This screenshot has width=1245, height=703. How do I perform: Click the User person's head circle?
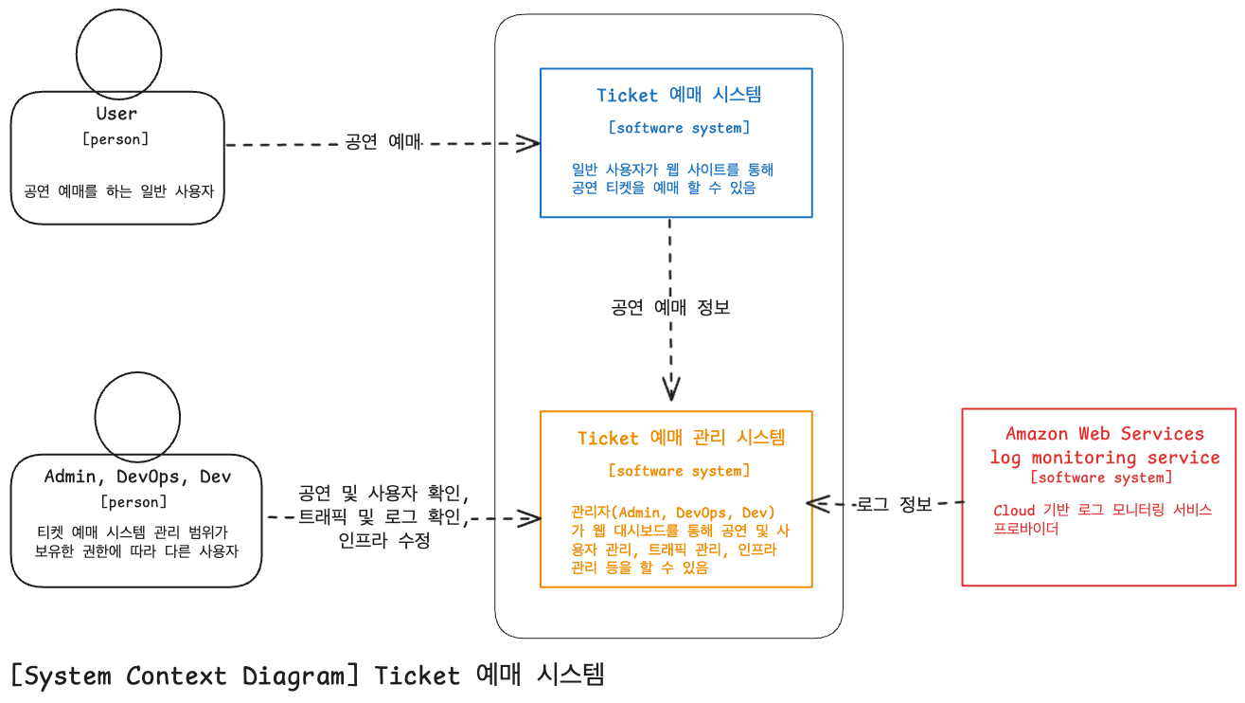pos(118,53)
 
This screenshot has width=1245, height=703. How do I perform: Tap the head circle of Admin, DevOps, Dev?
pos(138,415)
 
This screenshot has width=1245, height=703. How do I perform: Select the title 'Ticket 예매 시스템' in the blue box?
pos(679,95)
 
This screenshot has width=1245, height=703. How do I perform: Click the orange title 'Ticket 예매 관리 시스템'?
pos(681,438)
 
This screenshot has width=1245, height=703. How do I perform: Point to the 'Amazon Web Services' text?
pos(1104,434)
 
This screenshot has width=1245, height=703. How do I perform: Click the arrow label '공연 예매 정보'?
pos(670,308)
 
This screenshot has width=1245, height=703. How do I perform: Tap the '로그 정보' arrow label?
pos(894,504)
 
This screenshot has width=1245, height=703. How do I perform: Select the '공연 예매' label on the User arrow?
pos(382,143)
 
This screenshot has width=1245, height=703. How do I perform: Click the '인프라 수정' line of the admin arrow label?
pos(383,542)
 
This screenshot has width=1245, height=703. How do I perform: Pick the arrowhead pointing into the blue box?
pos(529,143)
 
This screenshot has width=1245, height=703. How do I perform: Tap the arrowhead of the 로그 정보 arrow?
pos(816,502)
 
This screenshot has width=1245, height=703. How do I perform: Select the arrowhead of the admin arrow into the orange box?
pos(529,518)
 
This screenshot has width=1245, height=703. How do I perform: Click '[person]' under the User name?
pos(116,139)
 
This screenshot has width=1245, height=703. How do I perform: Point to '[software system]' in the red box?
pos(1101,478)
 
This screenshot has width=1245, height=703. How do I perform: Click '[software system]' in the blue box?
pos(678,128)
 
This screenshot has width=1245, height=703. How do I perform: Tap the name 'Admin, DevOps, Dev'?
pos(137,477)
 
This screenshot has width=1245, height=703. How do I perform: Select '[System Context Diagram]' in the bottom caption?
pos(186,676)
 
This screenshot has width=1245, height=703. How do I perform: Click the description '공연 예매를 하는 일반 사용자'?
pos(118,190)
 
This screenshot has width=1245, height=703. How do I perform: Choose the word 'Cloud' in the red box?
pos(1014,511)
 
